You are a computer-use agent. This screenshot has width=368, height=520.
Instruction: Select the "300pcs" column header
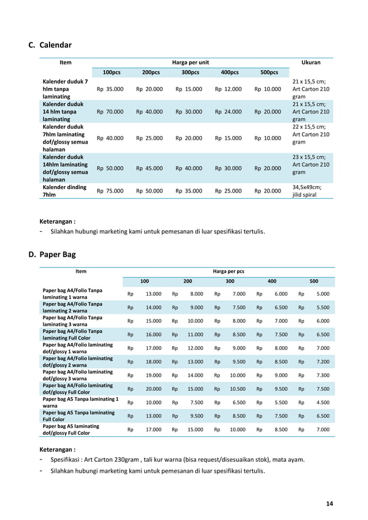click(x=190, y=73)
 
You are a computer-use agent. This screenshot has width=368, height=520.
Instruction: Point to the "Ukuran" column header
click(x=311, y=62)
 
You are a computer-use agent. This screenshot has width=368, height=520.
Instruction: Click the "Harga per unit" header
click(x=190, y=62)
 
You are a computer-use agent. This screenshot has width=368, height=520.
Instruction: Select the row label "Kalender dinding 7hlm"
click(x=63, y=191)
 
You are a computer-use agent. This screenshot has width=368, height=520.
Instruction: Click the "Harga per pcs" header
click(x=228, y=270)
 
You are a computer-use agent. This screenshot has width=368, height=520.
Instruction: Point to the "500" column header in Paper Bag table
click(x=314, y=281)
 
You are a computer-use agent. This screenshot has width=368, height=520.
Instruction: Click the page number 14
click(x=329, y=504)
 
